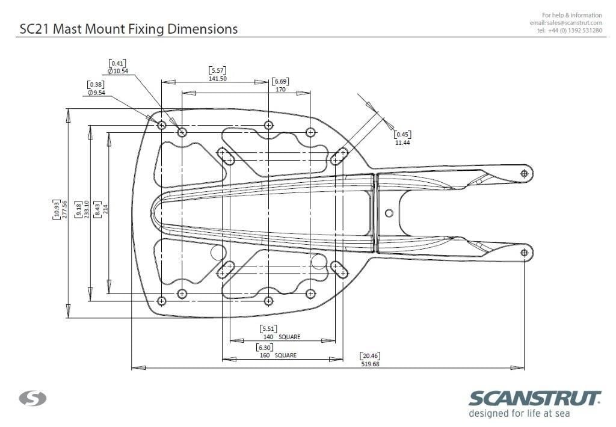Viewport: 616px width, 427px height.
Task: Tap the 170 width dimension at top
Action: coord(280,90)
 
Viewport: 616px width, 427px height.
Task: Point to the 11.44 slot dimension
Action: coord(402,143)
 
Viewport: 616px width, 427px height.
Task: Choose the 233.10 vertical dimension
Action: coord(86,209)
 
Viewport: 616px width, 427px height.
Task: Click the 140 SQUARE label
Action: coord(282,337)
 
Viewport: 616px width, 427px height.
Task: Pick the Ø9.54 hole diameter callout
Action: coord(96,93)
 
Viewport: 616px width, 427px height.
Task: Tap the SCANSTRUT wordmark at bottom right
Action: coord(534,398)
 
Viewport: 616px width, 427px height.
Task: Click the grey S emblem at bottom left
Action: coord(33,398)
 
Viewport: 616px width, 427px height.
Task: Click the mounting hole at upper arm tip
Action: coord(524,173)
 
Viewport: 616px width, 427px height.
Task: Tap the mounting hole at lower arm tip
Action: coord(524,254)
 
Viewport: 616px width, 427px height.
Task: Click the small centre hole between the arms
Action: coord(389,213)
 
